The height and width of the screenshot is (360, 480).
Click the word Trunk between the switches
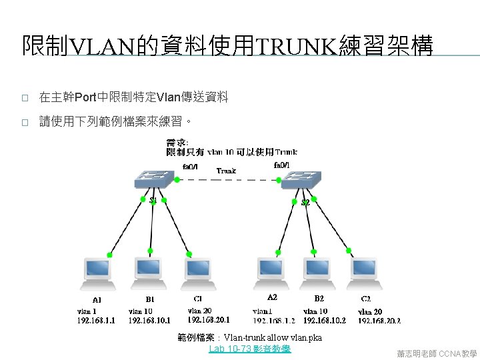[x=226, y=171]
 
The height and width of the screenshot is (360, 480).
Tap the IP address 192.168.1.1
[x=97, y=321]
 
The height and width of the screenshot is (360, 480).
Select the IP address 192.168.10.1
[x=149, y=321]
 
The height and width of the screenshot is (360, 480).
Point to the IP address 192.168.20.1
[x=209, y=319]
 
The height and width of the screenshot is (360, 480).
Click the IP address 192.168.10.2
[x=325, y=321]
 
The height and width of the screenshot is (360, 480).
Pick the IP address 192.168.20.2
[x=379, y=321]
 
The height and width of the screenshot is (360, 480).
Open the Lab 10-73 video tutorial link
[x=249, y=349]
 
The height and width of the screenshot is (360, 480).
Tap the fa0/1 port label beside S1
[x=190, y=166]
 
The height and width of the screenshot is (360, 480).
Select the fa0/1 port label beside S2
[x=281, y=165]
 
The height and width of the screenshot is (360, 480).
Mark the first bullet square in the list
[x=24, y=98]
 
